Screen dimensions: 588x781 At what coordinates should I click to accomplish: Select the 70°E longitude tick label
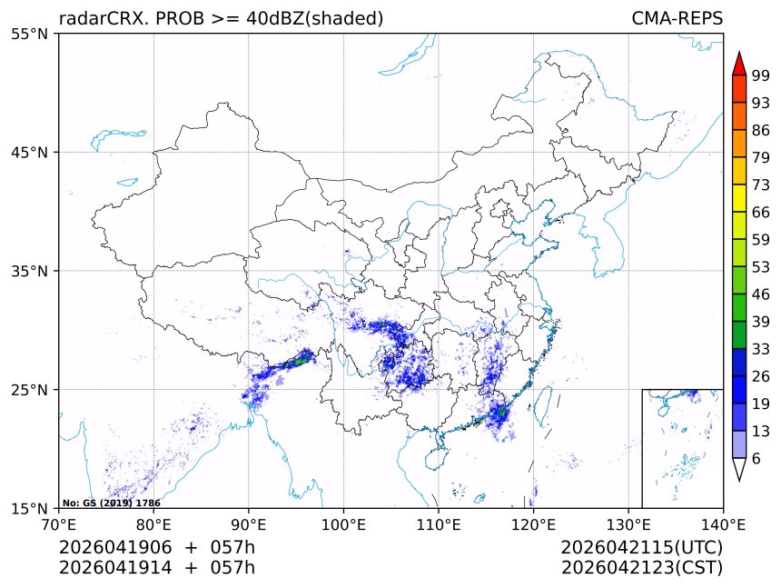pos(59,523)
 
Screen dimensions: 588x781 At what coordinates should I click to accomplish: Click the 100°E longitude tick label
pos(343,523)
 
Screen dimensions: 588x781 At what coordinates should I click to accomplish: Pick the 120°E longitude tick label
pos(533,523)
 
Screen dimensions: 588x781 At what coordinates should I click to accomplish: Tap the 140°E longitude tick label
pos(723,523)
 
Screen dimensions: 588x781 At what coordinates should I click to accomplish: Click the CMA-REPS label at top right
pos(677,19)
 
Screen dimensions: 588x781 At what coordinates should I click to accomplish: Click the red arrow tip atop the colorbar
pos(739,62)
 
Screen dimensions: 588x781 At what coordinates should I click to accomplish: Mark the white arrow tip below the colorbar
pos(739,472)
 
